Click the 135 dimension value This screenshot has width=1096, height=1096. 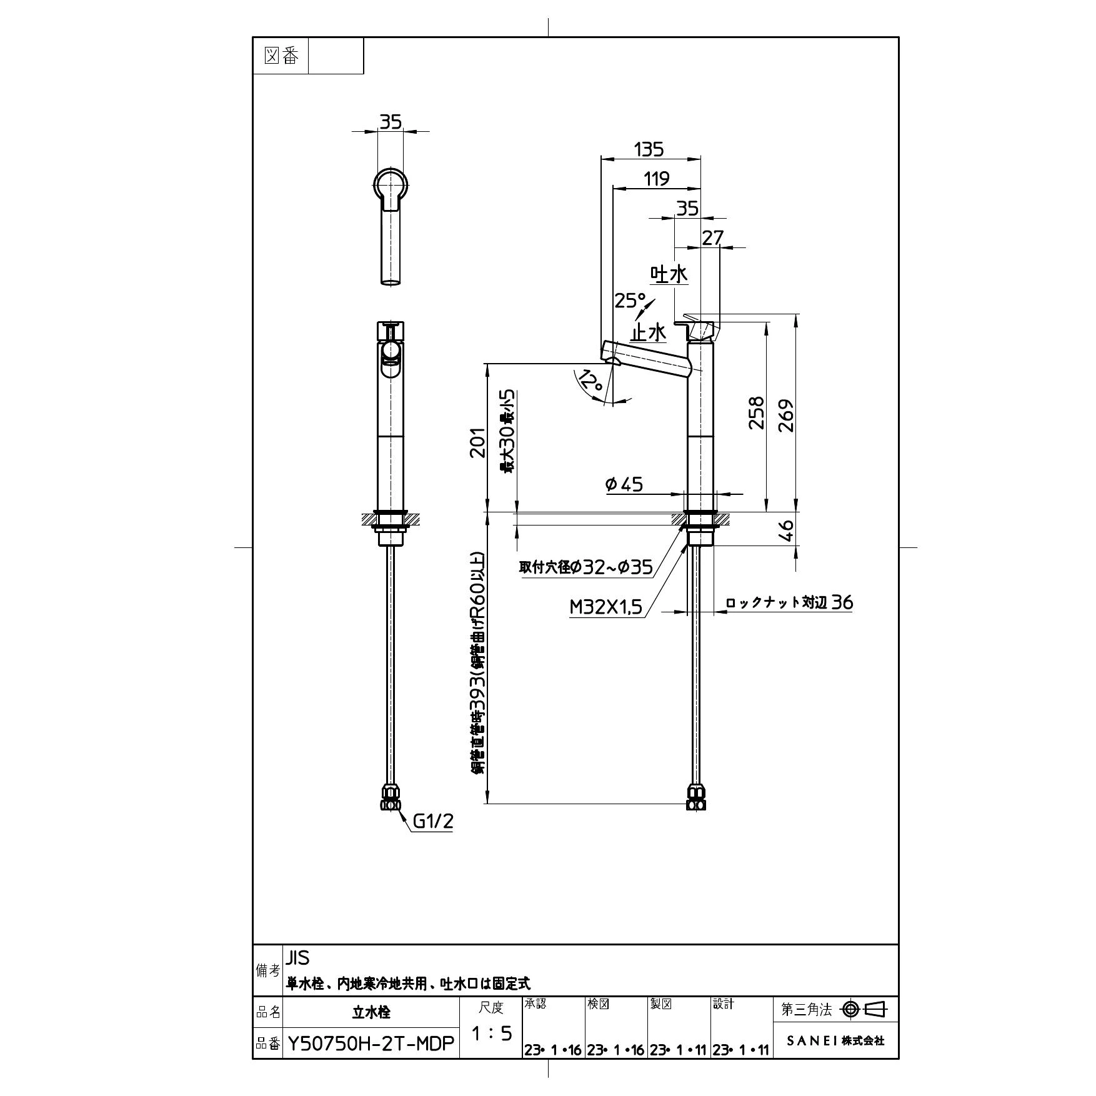pos(649,149)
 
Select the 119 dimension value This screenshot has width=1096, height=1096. pos(657,179)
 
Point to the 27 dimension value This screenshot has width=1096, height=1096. pos(712,237)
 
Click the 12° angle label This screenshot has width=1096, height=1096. pos(590,381)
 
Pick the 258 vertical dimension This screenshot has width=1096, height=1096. pos(757,412)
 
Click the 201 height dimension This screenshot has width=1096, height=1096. pos(477,442)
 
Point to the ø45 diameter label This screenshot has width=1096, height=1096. pos(624,484)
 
